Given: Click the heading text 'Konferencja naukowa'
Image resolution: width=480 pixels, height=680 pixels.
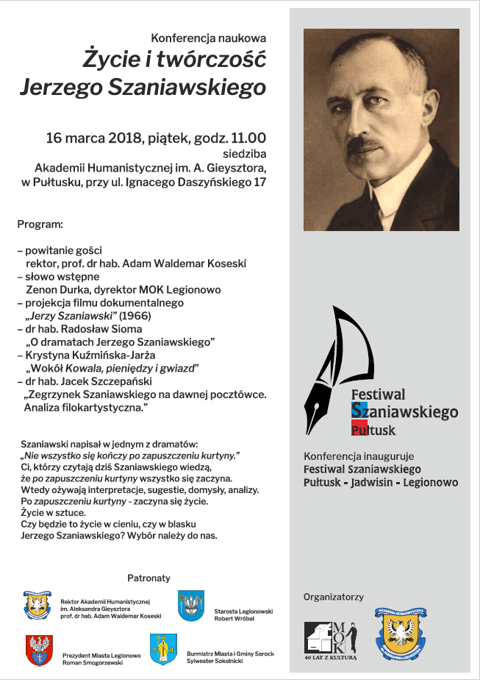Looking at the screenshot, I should point(209,37).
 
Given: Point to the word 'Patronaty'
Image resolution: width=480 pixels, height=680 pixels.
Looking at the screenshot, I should point(148,578).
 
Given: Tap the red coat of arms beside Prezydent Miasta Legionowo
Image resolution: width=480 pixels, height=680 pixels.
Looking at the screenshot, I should point(40,650).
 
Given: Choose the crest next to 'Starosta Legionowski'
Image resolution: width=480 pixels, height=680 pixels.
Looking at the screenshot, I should point(191,606).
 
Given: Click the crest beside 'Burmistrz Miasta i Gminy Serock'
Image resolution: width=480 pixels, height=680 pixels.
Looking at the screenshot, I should point(163,650).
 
